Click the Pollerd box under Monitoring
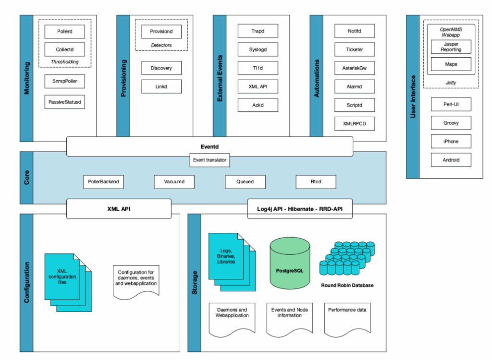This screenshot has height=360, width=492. point(64,32)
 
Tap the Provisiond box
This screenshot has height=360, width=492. point(161,32)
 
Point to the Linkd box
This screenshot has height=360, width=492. point(161,86)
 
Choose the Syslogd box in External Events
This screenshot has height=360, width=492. point(258,49)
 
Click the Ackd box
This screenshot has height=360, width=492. point(258,105)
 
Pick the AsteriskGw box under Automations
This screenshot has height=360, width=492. point(354,68)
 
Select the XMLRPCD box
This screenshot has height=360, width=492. point(354,124)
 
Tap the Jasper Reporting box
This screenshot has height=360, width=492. point(451,47)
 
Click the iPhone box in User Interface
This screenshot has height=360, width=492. point(451,141)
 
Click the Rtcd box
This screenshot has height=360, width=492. point(316,182)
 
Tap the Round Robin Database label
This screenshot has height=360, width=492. point(347,285)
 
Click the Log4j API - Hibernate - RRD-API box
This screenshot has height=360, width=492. point(300,209)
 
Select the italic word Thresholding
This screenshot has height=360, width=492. point(64,62)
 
